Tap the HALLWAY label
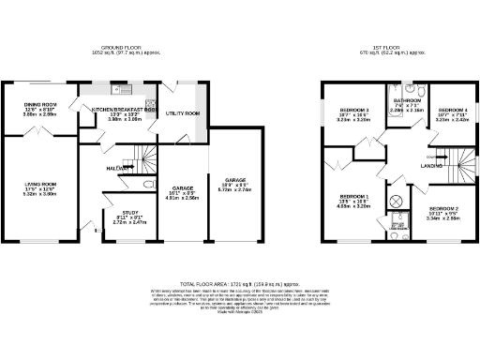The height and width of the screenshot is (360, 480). click(117, 168)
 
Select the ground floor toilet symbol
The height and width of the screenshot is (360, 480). click(148, 185)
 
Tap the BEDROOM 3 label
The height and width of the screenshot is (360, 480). click(354, 111)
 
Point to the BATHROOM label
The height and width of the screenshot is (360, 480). click(407, 99)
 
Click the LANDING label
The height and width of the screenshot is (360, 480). click(431, 165)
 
